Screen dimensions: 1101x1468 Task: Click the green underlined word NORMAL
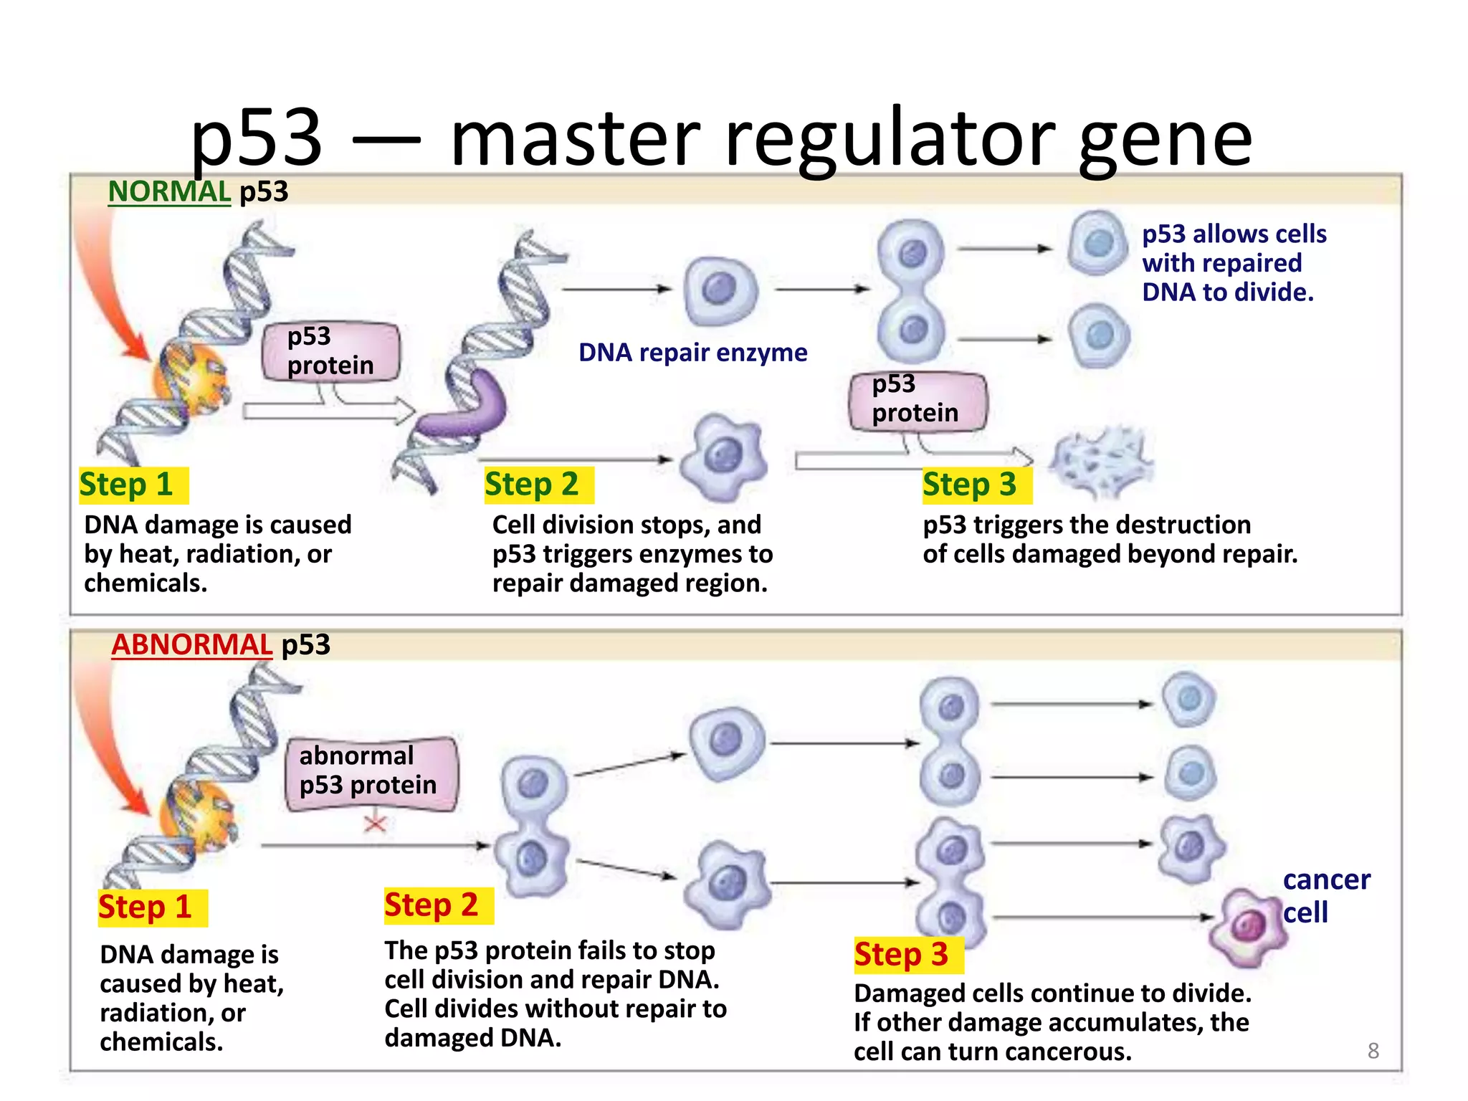(x=168, y=192)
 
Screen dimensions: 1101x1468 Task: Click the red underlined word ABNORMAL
(x=191, y=645)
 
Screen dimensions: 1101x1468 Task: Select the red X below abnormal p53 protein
(x=375, y=823)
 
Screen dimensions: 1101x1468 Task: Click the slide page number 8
(x=1373, y=1051)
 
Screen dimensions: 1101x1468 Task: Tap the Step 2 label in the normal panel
(x=532, y=485)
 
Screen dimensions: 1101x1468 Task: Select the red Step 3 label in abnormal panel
(x=901, y=955)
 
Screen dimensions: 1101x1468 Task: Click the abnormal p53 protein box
(x=371, y=773)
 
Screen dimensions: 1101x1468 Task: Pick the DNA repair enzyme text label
(x=692, y=353)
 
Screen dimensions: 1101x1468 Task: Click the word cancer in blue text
(x=1326, y=880)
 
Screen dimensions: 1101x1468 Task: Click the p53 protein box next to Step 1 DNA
(x=330, y=351)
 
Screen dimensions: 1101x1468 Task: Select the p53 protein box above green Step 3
(x=917, y=400)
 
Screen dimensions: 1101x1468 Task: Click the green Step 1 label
(x=127, y=485)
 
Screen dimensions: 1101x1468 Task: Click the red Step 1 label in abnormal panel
(x=146, y=907)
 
